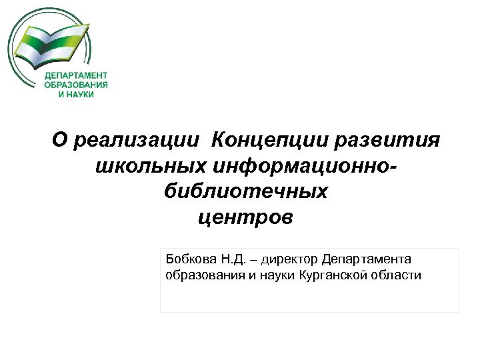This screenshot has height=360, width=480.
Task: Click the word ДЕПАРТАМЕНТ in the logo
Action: (x=77, y=75)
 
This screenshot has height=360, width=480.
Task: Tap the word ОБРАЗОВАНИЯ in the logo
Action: (x=77, y=85)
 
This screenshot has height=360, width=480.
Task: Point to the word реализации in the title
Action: (x=136, y=140)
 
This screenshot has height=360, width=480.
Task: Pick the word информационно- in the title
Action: (x=300, y=166)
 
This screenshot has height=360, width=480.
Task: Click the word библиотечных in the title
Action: (x=245, y=192)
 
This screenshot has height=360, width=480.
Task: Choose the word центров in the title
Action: (x=245, y=218)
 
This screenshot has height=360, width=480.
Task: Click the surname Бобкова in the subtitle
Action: (x=189, y=258)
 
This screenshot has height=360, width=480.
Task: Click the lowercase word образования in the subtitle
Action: (x=198, y=275)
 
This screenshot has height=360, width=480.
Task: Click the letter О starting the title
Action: (x=60, y=140)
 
